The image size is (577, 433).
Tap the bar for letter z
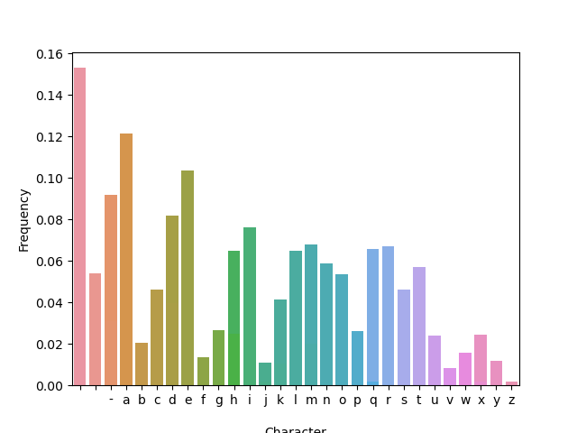click(x=511, y=383)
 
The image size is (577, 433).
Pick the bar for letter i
click(x=250, y=307)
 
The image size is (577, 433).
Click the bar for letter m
click(x=311, y=315)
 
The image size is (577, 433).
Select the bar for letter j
click(x=265, y=374)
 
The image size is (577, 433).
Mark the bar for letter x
click(x=481, y=360)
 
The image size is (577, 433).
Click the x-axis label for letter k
click(x=280, y=400)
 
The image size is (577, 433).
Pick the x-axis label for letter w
click(x=465, y=400)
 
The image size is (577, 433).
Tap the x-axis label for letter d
click(x=172, y=400)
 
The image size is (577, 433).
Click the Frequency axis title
click(x=24, y=219)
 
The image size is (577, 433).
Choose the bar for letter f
click(x=203, y=372)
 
